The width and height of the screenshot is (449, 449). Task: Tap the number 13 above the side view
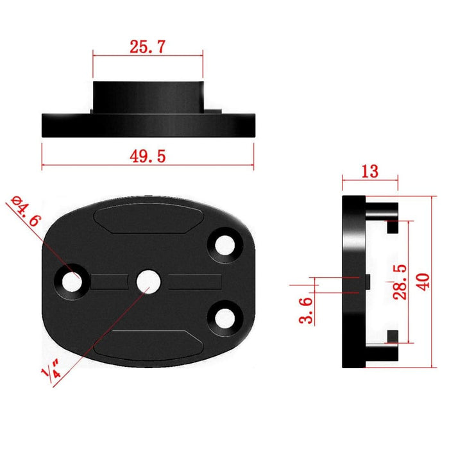[x=370, y=171]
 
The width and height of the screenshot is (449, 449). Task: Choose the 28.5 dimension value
[x=398, y=280]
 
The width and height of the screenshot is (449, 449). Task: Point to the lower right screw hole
[x=225, y=316]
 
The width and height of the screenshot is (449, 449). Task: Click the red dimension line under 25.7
[x=148, y=55]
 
